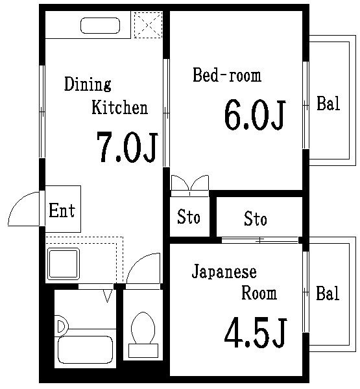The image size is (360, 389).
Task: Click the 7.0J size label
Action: coord(127,147)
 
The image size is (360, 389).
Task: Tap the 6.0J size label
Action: coord(254,115)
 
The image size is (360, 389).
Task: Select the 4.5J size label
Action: coord(255,332)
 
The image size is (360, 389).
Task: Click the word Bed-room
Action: coord(227,75)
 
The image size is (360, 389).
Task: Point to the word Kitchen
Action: coord(119,108)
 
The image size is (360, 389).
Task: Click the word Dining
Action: coord(88,84)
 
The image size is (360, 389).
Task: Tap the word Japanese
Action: coord(224,272)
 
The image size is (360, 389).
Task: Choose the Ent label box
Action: coord(62,209)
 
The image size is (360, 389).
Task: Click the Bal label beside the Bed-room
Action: coord(328,104)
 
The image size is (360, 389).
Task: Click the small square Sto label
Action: coord(189,217)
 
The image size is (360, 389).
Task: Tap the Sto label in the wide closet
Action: coord(256,219)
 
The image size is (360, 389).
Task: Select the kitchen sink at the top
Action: coord(101,26)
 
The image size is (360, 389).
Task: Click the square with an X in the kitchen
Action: coord(147,25)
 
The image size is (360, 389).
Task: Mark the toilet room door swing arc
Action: coord(142,268)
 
